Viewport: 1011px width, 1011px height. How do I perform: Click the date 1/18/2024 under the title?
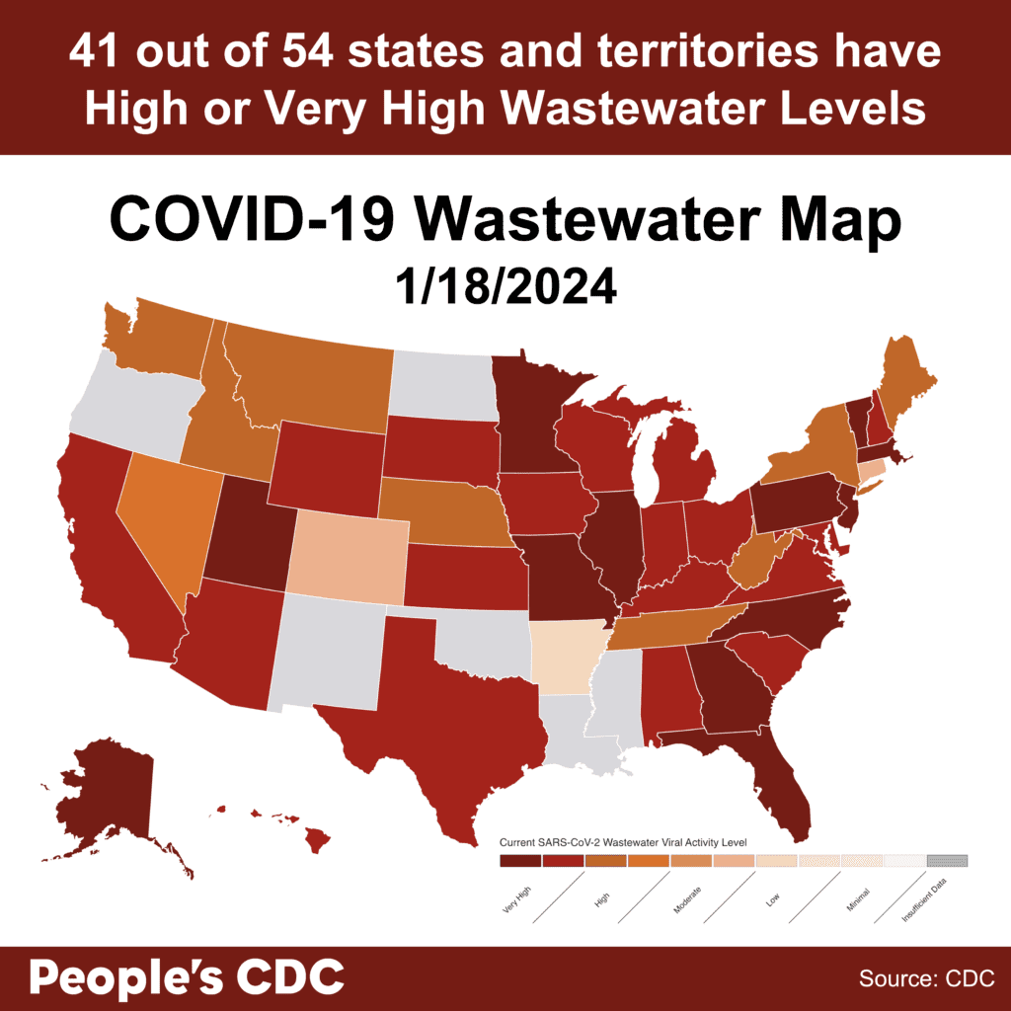pyautogui.click(x=505, y=287)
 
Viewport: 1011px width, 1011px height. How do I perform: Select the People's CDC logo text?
pyautogui.click(x=187, y=977)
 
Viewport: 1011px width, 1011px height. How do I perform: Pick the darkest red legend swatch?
pyautogui.click(x=520, y=861)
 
